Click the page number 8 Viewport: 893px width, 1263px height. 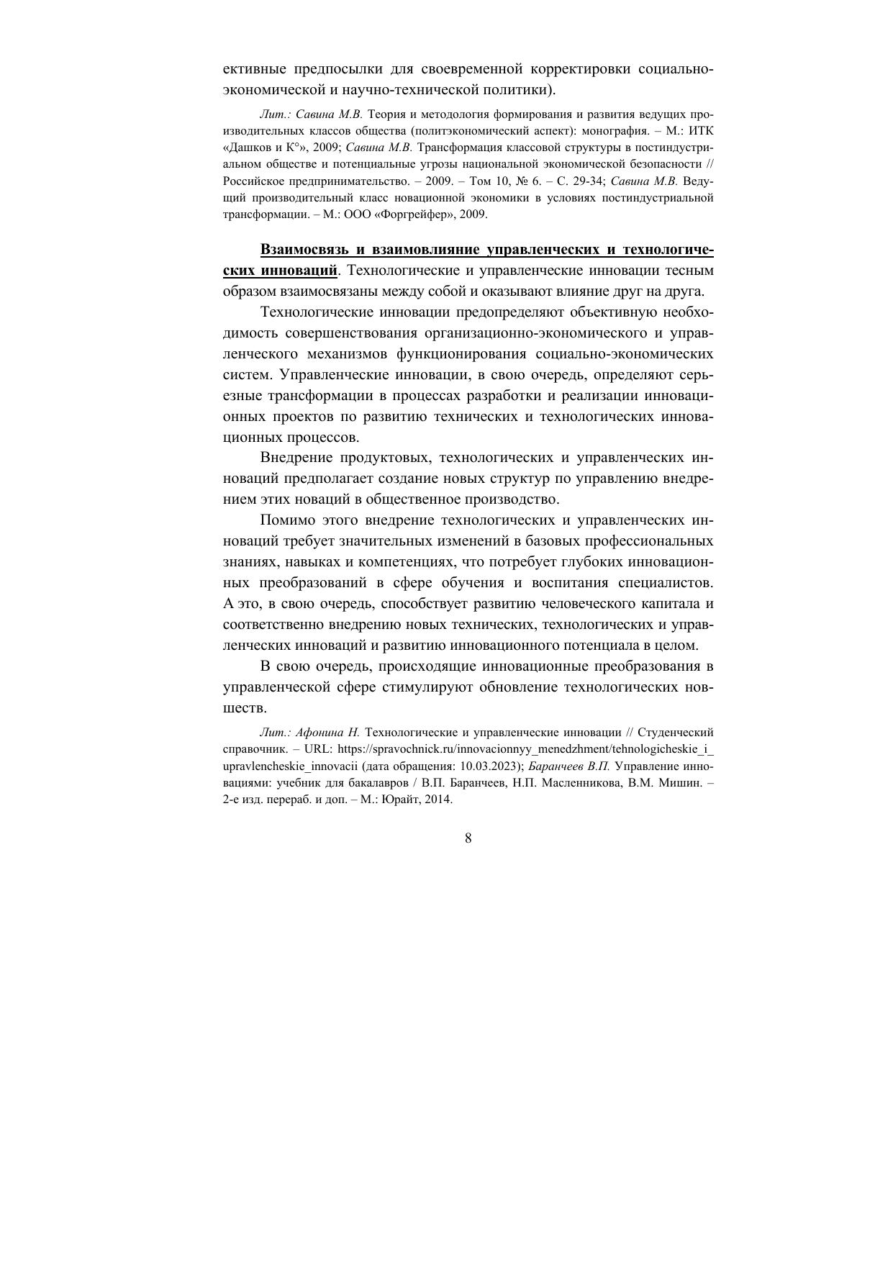coord(468,838)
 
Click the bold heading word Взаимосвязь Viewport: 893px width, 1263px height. coord(302,250)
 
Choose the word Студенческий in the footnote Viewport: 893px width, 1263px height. coord(675,733)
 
